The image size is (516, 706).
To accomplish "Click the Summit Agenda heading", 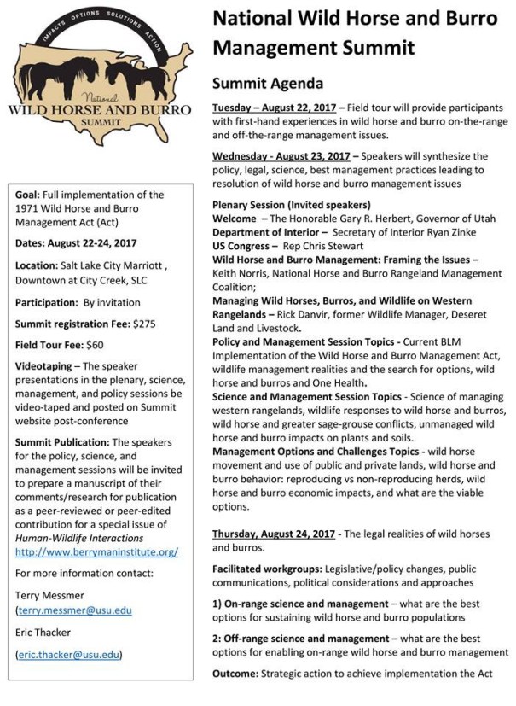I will (x=268, y=84).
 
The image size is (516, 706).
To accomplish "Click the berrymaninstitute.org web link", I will (x=97, y=551).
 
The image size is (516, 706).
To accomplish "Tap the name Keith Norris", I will (x=240, y=273).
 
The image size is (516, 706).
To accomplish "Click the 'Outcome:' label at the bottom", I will (x=239, y=674).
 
